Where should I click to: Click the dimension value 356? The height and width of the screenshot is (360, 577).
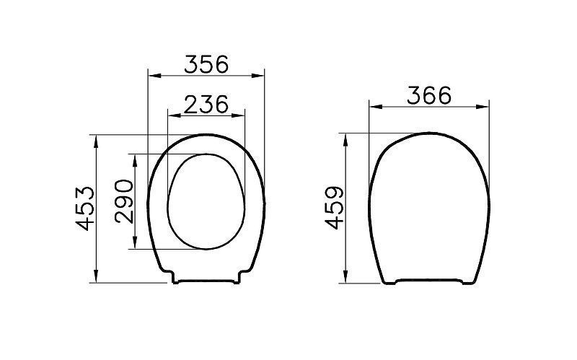pyautogui.click(x=206, y=64)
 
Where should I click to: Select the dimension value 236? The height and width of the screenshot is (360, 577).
pyautogui.click(x=206, y=104)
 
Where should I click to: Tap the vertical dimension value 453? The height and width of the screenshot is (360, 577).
pyautogui.click(x=85, y=208)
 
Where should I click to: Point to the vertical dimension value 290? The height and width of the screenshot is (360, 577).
pyautogui.click(x=124, y=201)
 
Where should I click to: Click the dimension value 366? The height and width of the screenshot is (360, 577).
pyautogui.click(x=429, y=95)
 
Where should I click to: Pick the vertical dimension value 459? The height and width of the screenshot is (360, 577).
pyautogui.click(x=334, y=208)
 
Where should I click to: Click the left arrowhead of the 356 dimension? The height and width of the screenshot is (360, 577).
pyautogui.click(x=154, y=76)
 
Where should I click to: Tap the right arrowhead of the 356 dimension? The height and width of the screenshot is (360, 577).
pyautogui.click(x=258, y=76)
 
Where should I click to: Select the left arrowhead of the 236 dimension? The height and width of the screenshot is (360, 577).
pyautogui.click(x=174, y=115)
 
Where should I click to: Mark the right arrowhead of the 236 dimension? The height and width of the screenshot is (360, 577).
pyautogui.click(x=239, y=115)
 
